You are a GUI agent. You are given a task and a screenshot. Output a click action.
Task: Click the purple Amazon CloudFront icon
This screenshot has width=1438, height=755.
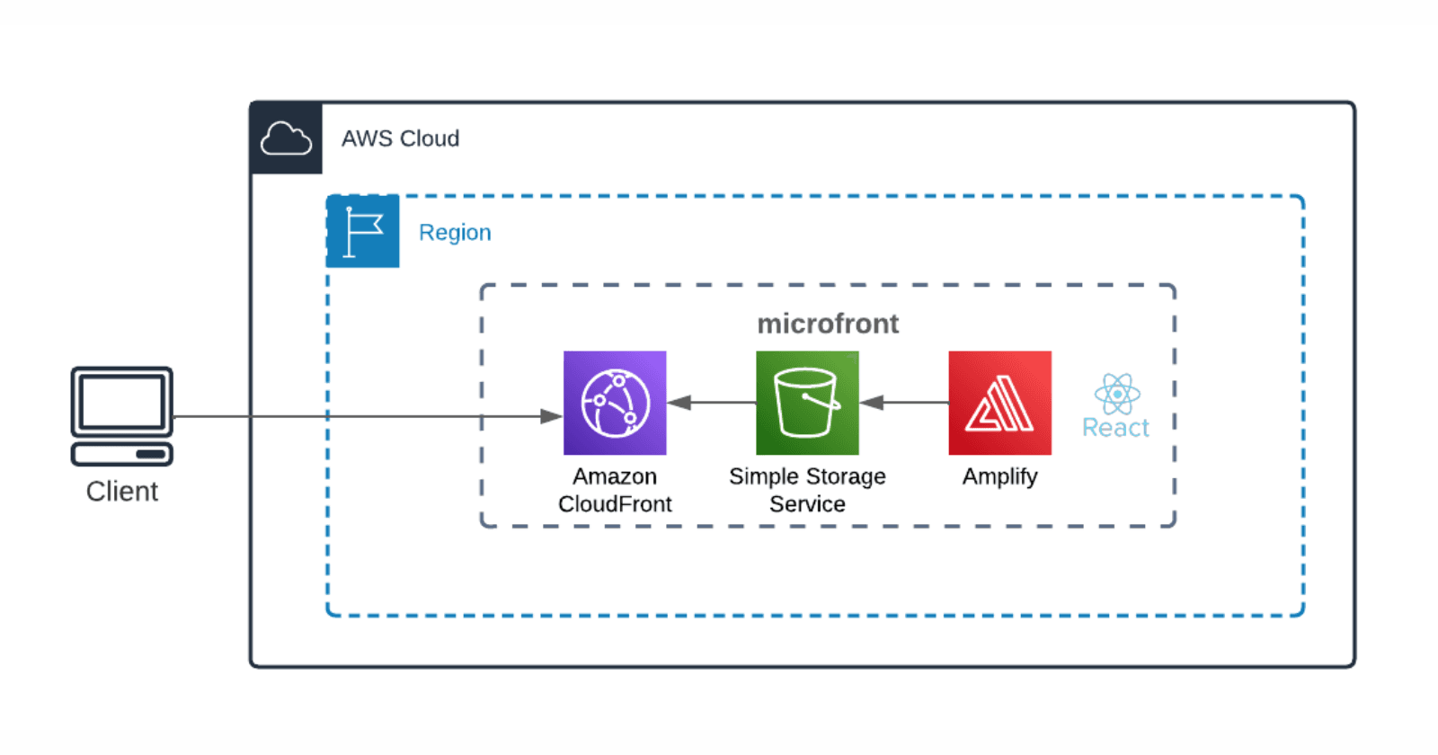(615, 403)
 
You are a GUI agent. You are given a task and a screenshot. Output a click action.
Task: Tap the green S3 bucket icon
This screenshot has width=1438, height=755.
(807, 403)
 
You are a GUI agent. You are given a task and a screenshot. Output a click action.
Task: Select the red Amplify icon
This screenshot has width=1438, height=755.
(999, 403)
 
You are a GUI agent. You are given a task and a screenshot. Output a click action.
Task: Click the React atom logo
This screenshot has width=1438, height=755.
(1117, 394)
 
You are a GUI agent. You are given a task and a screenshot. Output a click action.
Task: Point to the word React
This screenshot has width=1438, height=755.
(1115, 428)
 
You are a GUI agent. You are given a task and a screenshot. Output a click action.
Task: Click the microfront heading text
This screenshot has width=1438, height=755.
(827, 324)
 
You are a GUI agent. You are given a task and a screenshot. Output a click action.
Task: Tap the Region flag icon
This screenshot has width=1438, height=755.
(363, 232)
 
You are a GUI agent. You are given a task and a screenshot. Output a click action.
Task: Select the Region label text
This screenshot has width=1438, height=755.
(455, 233)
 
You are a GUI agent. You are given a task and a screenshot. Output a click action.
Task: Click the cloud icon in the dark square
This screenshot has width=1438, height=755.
(286, 138)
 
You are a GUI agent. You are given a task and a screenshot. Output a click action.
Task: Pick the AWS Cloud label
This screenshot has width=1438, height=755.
(400, 138)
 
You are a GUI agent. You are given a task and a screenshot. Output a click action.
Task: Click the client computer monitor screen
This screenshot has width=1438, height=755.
(122, 402)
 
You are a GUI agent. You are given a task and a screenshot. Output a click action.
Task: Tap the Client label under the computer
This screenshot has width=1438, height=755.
(122, 492)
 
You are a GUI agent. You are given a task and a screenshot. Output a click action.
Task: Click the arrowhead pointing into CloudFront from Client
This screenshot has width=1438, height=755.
(551, 416)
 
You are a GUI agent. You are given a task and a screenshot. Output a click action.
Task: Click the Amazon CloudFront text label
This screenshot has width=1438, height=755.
(615, 490)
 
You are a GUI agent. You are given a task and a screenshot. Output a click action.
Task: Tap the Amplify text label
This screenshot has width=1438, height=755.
(999, 476)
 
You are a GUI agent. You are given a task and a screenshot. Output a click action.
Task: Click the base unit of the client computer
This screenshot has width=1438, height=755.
(122, 454)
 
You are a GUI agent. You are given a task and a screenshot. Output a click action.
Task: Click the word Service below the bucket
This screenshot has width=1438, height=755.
(807, 504)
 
